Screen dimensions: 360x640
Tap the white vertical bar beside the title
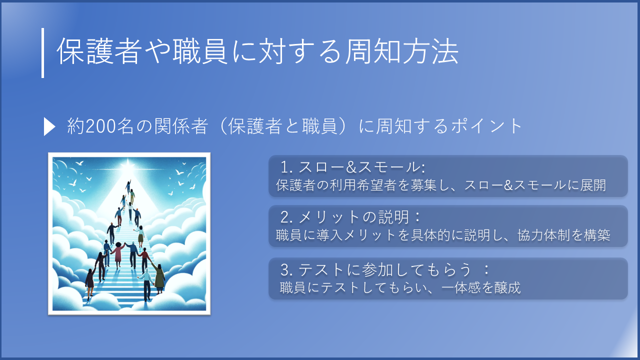(43, 53)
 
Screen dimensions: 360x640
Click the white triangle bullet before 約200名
(49, 127)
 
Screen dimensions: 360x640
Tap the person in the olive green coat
(159, 279)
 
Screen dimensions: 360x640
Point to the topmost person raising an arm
(128, 185)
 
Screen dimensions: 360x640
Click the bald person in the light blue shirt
(146, 283)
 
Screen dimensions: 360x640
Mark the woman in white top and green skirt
(140, 235)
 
